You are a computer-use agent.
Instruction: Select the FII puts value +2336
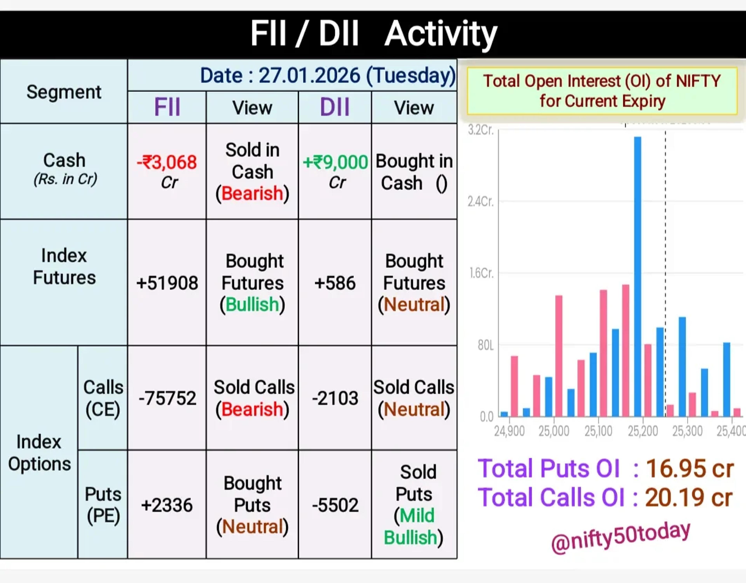(x=167, y=505)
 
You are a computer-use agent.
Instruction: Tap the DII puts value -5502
(x=335, y=505)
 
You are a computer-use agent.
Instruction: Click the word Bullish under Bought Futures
(x=252, y=305)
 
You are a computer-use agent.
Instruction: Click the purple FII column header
(x=167, y=107)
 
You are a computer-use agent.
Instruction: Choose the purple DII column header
(x=335, y=107)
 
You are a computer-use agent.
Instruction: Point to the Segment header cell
(x=64, y=92)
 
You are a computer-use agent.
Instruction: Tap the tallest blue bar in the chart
(x=638, y=277)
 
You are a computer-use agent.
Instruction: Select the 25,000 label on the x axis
(x=554, y=431)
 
